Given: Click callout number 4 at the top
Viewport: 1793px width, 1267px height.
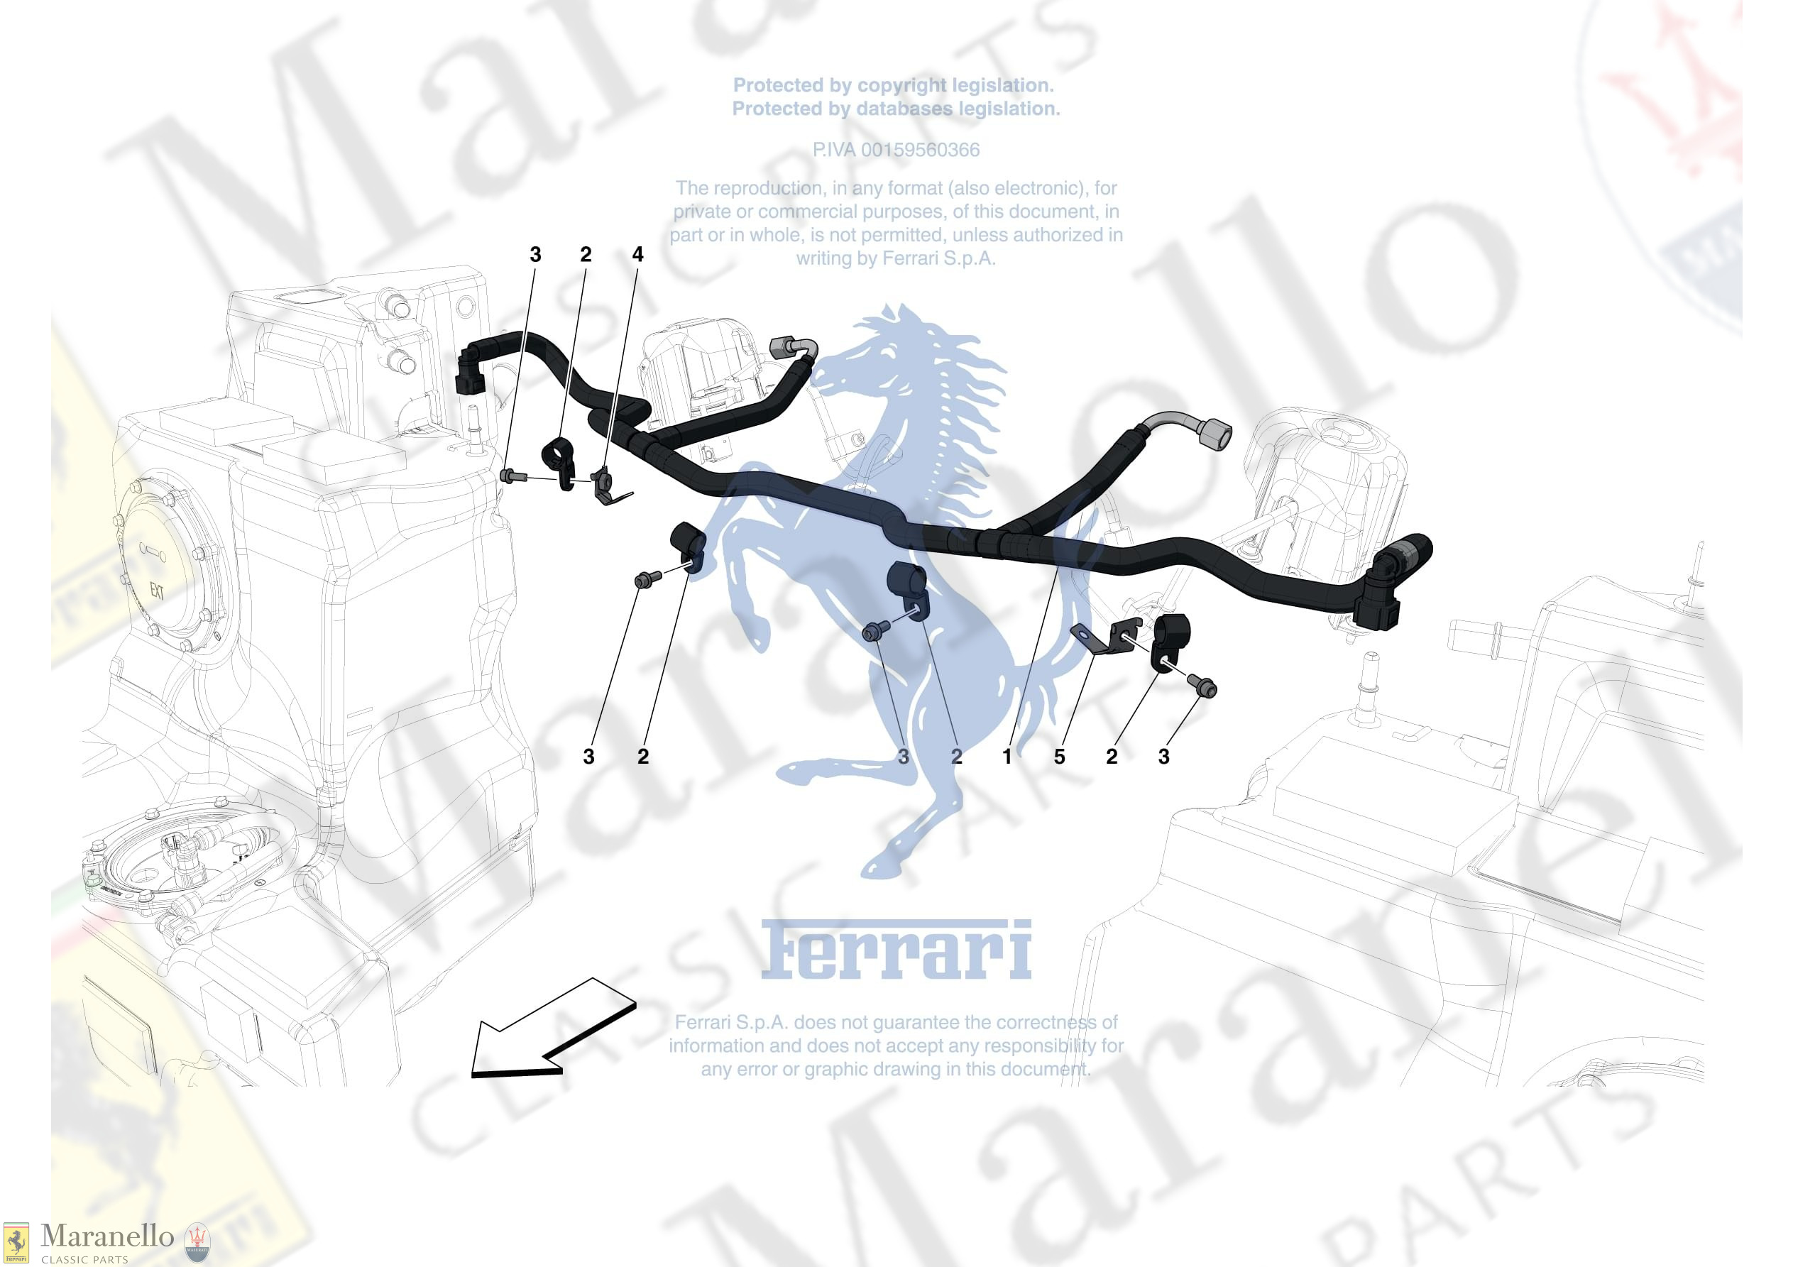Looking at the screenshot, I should click(637, 255).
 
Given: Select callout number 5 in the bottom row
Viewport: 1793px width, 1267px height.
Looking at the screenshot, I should click(1059, 756).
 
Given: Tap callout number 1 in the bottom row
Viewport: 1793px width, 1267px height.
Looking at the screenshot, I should click(1007, 756).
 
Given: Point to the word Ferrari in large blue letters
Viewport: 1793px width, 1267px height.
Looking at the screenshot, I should click(896, 950).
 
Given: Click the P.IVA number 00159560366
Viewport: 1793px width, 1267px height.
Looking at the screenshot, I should click(896, 150).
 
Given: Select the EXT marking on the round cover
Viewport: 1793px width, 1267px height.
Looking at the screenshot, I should click(157, 591).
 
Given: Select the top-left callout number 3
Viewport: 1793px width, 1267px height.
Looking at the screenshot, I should click(535, 255).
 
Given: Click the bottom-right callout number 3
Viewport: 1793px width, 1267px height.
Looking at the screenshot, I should click(1163, 756).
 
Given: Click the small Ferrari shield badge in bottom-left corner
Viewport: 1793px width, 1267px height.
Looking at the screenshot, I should click(16, 1243).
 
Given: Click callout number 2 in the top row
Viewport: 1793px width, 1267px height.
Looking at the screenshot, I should click(586, 255).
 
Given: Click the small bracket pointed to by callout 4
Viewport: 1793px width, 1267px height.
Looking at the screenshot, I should click(605, 485).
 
